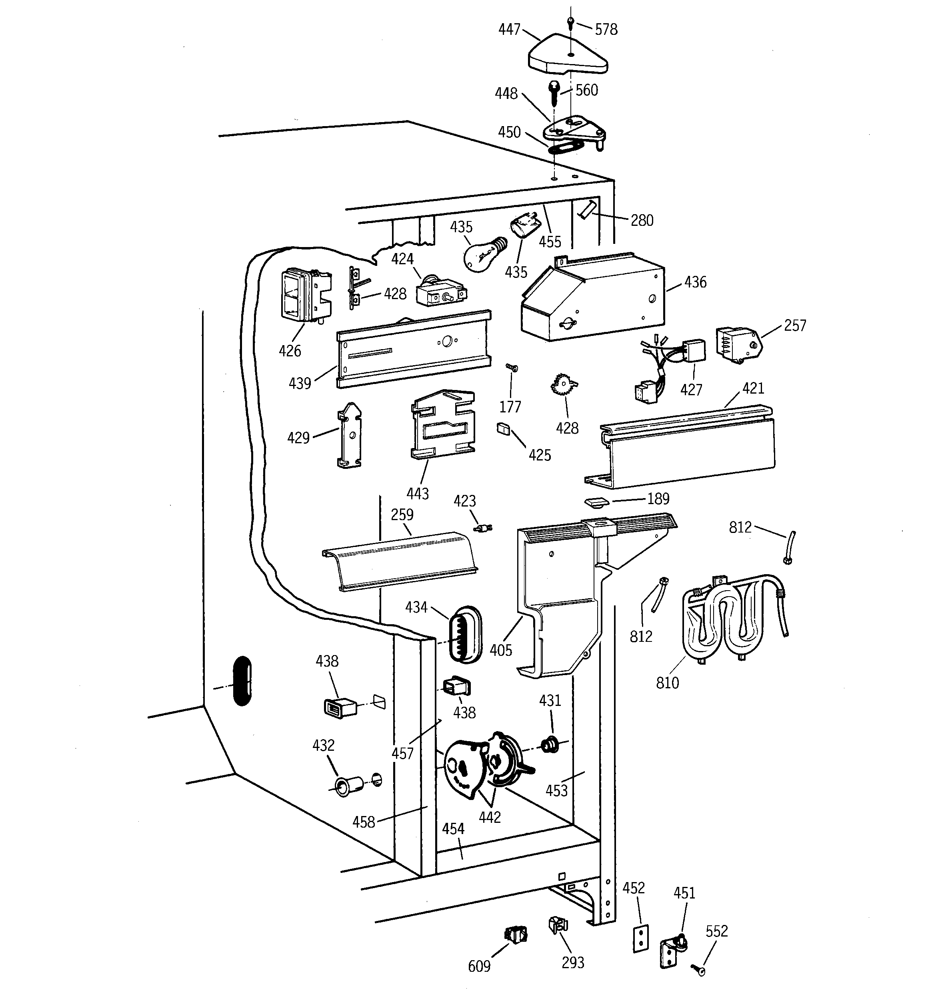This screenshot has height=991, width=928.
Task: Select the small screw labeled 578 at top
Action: click(x=571, y=22)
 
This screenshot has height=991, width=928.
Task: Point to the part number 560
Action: click(x=586, y=90)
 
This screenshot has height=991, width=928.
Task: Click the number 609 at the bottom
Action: click(x=479, y=967)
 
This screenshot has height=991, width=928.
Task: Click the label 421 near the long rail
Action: click(x=753, y=388)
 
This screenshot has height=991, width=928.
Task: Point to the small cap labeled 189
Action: click(x=596, y=501)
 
